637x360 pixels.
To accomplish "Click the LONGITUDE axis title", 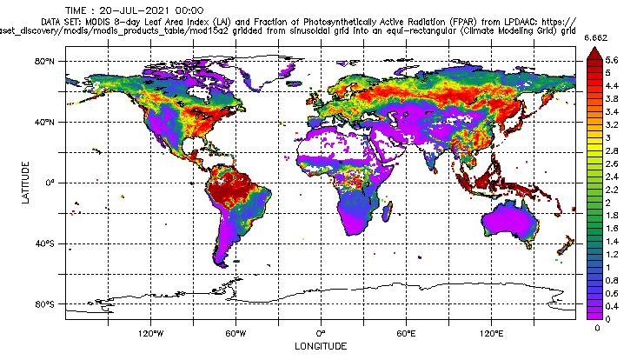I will coord(321,347).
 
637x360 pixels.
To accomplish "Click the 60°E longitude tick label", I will coord(406,333).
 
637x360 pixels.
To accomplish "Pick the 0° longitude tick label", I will coord(321,333).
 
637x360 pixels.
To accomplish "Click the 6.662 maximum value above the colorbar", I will coord(594,39).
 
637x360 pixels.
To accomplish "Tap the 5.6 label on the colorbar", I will coord(612,61).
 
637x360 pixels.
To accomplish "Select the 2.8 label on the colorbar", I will coord(612,151).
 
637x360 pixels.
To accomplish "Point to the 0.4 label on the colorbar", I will coord(612,307).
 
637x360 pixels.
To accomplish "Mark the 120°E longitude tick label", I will coord(491,333).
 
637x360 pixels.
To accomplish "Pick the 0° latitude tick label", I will coord(51,183).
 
